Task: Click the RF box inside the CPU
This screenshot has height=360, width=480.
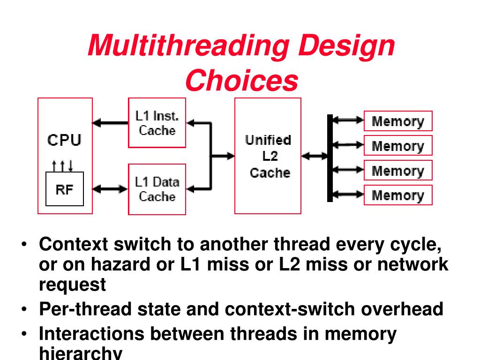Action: click(x=65, y=189)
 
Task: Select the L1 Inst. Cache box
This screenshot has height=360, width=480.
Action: click(x=157, y=123)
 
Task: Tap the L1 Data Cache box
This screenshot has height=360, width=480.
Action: click(x=157, y=189)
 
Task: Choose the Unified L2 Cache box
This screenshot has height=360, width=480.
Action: click(x=268, y=156)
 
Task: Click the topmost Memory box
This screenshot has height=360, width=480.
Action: click(x=398, y=121)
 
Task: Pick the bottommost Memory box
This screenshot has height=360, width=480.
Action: click(x=398, y=195)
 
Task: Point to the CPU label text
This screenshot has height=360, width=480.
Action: click(x=64, y=140)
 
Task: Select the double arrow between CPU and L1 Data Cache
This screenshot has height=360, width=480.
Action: click(x=110, y=189)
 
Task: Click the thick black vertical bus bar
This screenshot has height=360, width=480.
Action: click(x=330, y=158)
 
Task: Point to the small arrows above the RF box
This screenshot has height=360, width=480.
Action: click(x=62, y=165)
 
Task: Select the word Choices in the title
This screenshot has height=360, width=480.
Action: click(x=241, y=81)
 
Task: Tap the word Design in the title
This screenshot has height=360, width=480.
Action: click(x=347, y=46)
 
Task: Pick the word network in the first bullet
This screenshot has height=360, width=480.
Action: click(x=413, y=265)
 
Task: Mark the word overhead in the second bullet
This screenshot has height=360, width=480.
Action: click(x=402, y=309)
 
